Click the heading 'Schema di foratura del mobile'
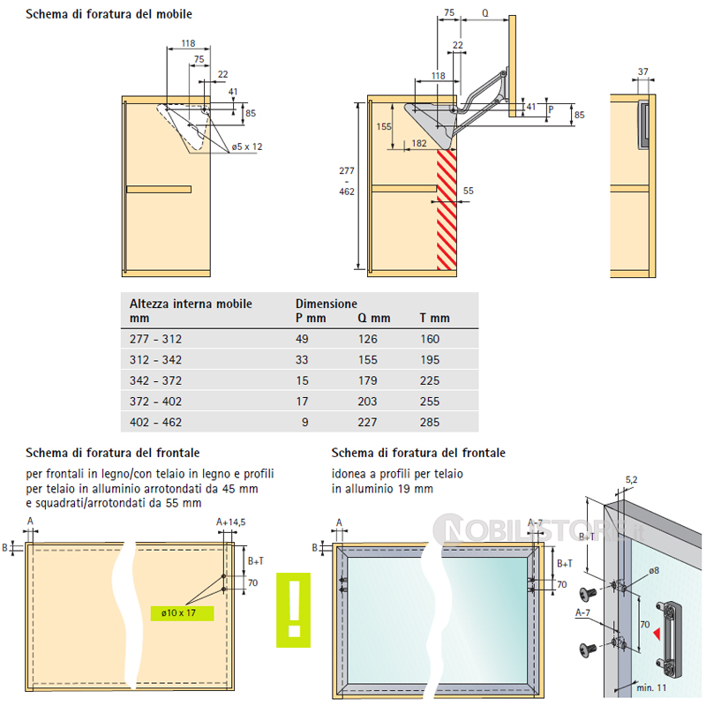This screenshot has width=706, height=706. pyautogui.click(x=108, y=14)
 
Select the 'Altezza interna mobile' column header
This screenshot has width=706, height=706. pyautogui.click(x=190, y=304)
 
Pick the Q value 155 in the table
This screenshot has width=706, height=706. pyautogui.click(x=369, y=360)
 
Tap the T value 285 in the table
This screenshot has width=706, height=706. pyautogui.click(x=430, y=423)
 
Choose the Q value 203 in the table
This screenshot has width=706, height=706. pyautogui.click(x=369, y=402)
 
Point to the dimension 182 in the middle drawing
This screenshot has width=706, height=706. pyautogui.click(x=418, y=143)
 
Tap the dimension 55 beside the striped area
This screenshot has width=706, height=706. pyautogui.click(x=468, y=191)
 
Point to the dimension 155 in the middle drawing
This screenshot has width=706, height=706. pyautogui.click(x=383, y=126)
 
